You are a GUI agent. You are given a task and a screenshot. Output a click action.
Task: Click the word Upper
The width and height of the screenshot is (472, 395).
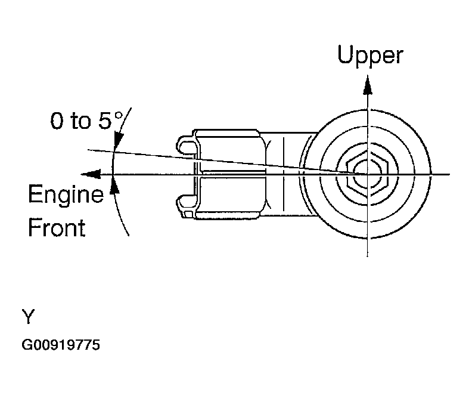coord(370,55)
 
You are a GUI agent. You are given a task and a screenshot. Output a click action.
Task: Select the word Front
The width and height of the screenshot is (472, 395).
coord(57,228)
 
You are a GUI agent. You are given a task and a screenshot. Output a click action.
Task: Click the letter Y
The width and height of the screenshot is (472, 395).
coord(28,317)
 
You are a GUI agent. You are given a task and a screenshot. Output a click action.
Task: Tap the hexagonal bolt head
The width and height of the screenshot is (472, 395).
coord(363,173)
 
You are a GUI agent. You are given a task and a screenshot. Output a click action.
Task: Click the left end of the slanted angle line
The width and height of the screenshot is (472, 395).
coord(88,150)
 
